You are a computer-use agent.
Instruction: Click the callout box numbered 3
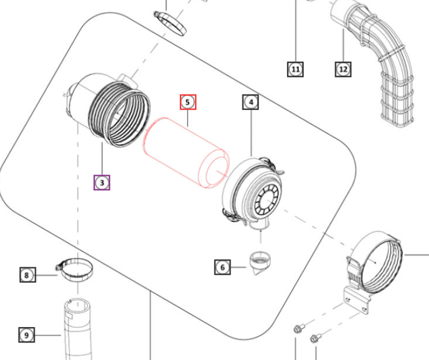pyautogui.click(x=102, y=183)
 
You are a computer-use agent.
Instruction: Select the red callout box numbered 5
pyautogui.click(x=188, y=103)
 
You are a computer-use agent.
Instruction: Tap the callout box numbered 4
pyautogui.click(x=250, y=103)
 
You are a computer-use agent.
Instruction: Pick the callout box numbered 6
pyautogui.click(x=222, y=267)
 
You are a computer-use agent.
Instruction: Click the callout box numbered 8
pyautogui.click(x=27, y=274)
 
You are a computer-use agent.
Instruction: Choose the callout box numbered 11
pyautogui.click(x=296, y=70)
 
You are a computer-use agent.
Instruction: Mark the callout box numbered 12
pyautogui.click(x=343, y=70)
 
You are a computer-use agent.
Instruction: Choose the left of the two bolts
pyautogui.click(x=297, y=328)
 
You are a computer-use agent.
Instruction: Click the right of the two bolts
pyautogui.click(x=315, y=337)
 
